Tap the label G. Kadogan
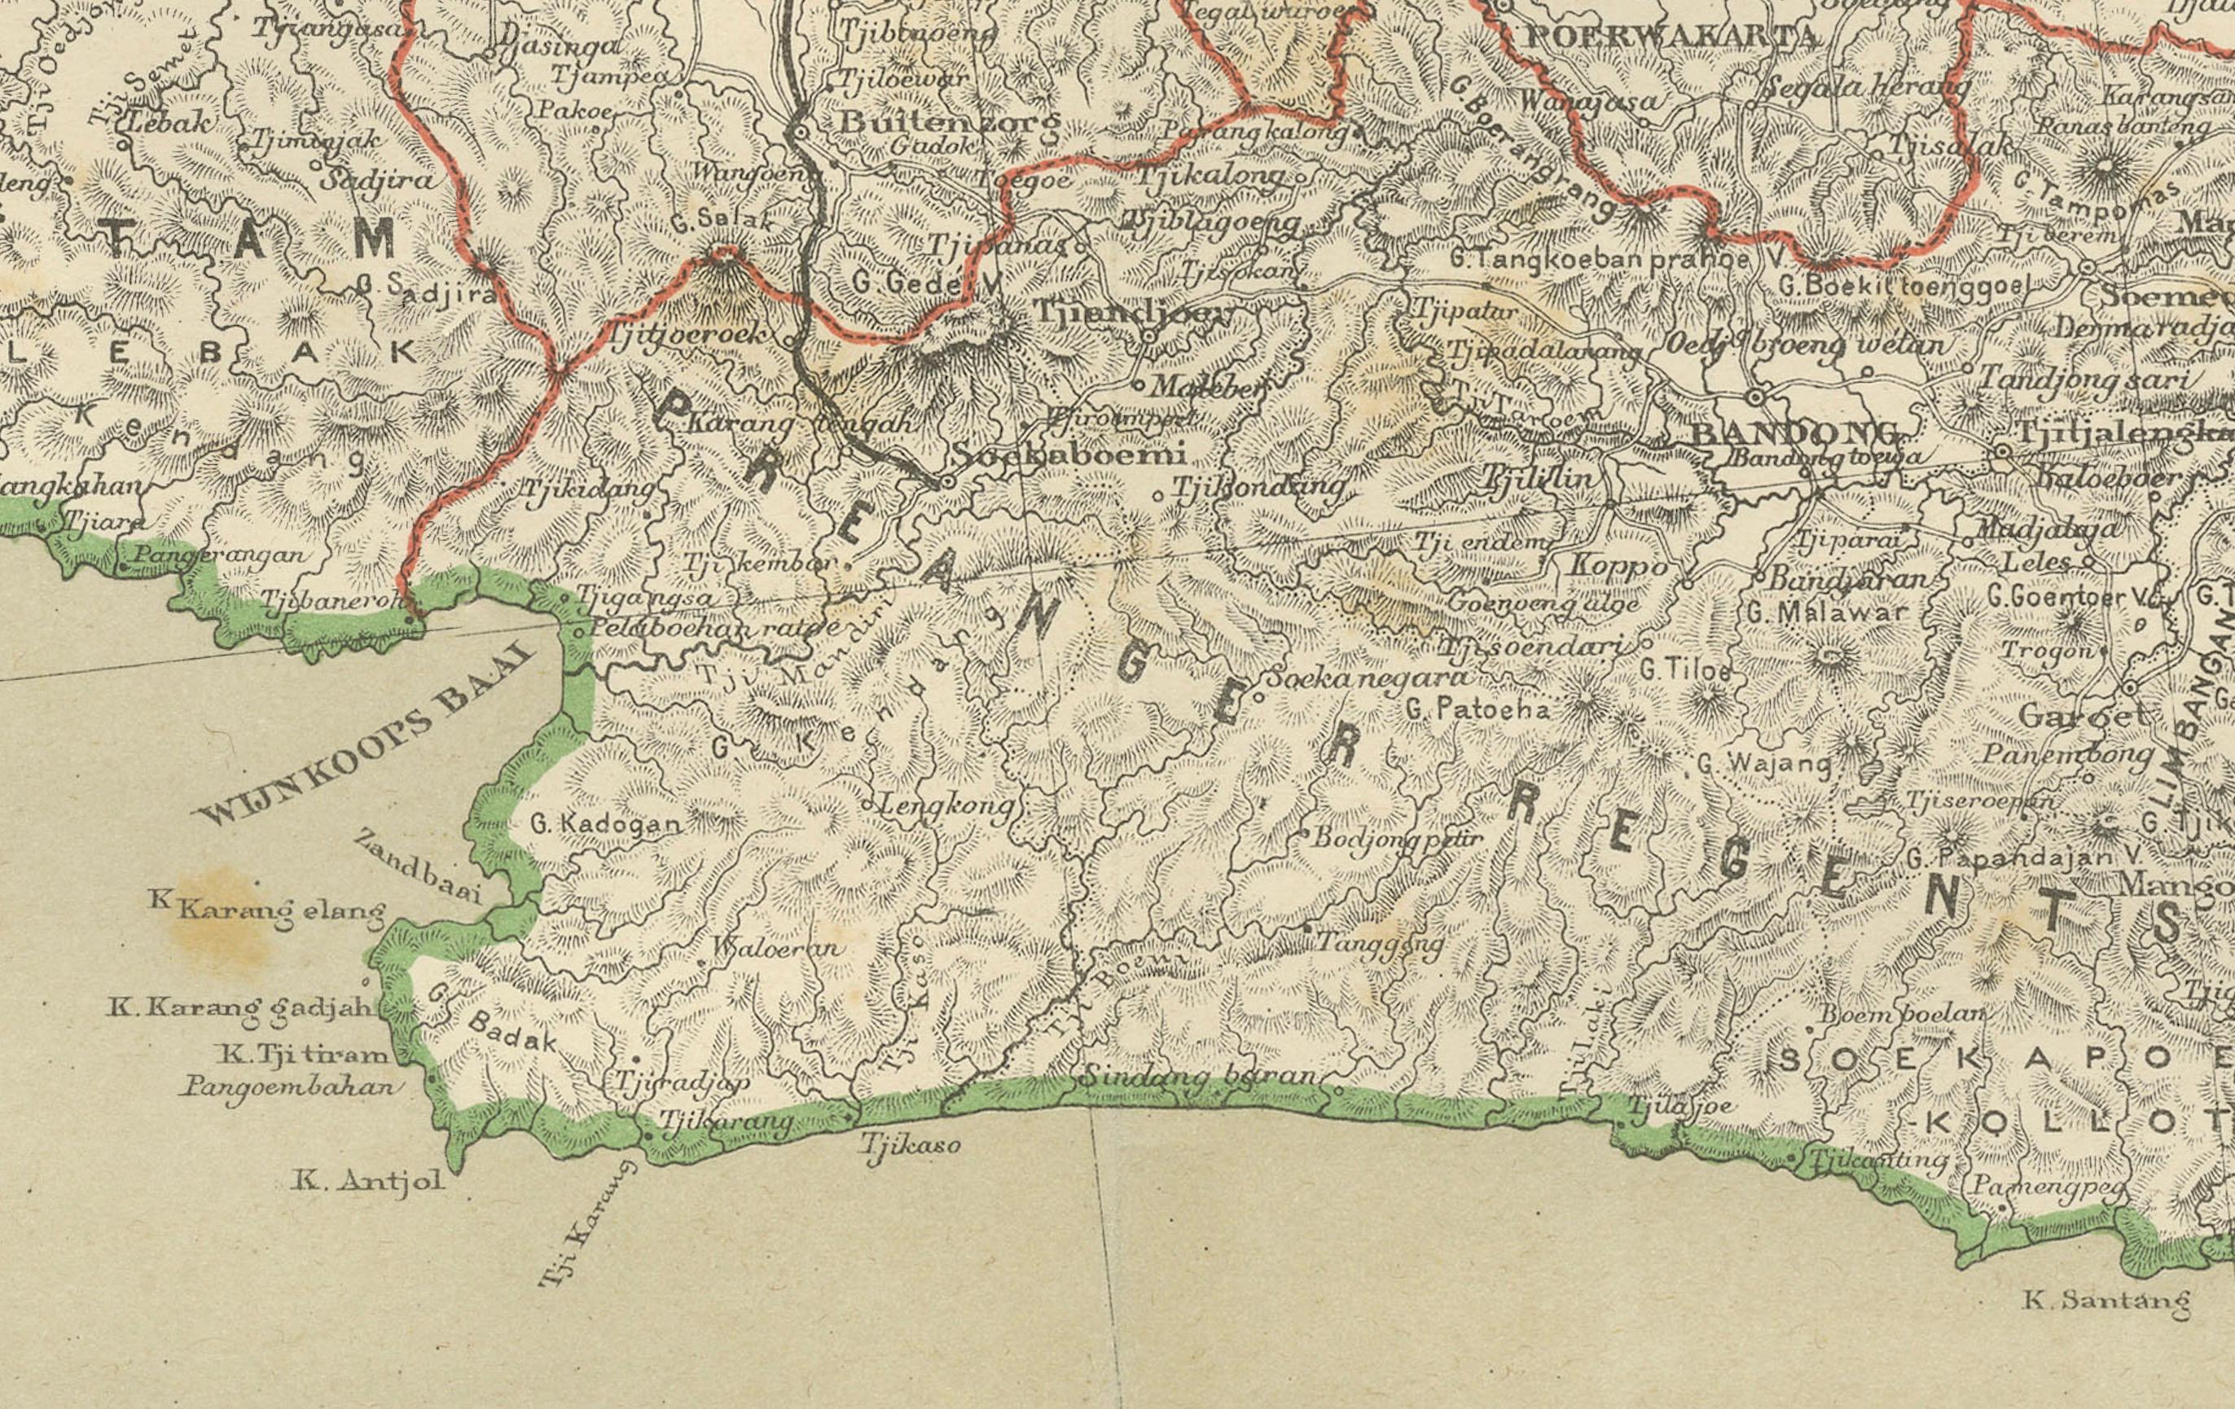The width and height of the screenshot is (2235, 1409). [x=605, y=823]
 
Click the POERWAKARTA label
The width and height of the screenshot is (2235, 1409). [x=1671, y=37]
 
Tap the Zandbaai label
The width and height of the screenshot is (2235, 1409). [x=418, y=866]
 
